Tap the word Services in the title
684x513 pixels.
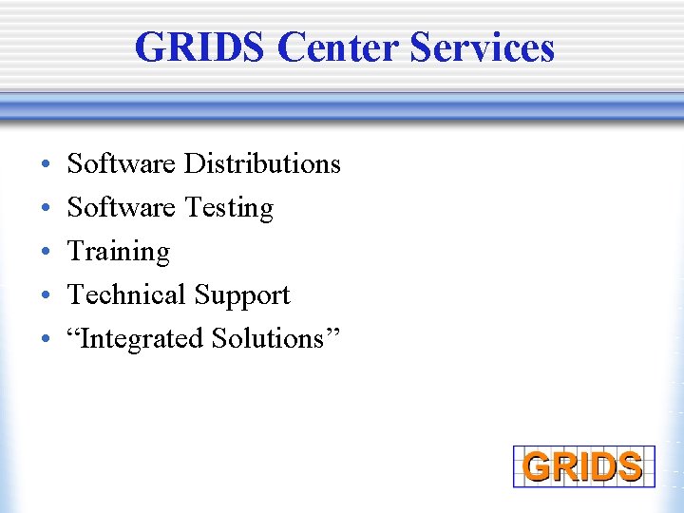click(483, 47)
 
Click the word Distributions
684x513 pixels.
click(262, 163)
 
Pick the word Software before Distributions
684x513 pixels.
click(122, 163)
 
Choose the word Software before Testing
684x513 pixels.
click(122, 207)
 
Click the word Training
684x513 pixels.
click(119, 252)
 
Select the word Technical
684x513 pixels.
click(126, 294)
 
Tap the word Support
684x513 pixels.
click(241, 295)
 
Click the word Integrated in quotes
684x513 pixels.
click(142, 339)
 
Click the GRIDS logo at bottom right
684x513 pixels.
click(583, 466)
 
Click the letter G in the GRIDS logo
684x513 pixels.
click(537, 467)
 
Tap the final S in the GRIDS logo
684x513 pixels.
click(630, 467)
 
